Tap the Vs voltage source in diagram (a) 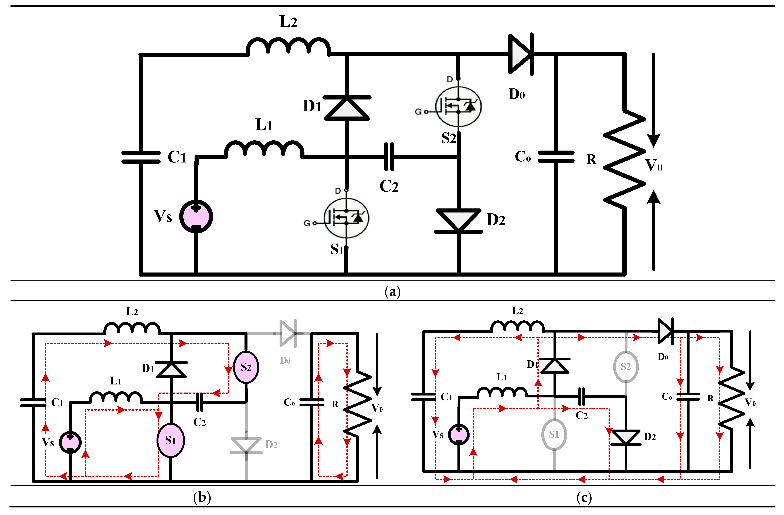(196, 217)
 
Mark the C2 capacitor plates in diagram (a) (389, 157)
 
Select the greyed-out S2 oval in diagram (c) (626, 367)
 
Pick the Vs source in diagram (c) (459, 435)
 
